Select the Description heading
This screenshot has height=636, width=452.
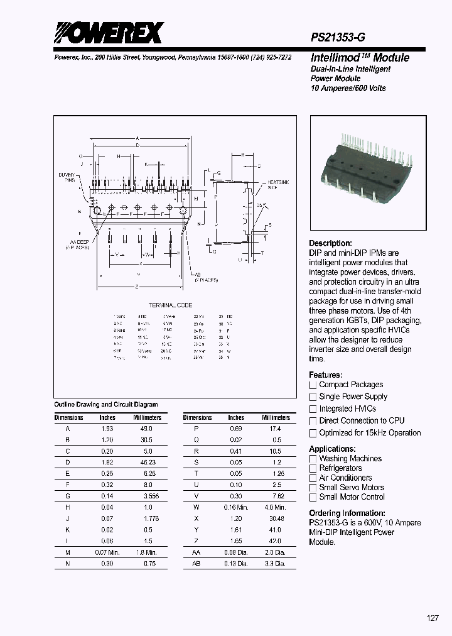point(330,243)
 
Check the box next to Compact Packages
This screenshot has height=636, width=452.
point(313,385)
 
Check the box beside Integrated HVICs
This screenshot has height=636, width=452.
point(313,409)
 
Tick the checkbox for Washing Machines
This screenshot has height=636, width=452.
point(313,459)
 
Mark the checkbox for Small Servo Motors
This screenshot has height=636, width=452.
point(313,488)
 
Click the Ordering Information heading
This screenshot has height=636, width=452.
point(347,513)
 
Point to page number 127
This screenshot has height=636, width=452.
point(433,618)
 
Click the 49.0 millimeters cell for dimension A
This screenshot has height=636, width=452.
point(146,428)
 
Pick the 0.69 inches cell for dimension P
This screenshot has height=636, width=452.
point(235,428)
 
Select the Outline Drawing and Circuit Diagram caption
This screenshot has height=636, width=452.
point(106,405)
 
